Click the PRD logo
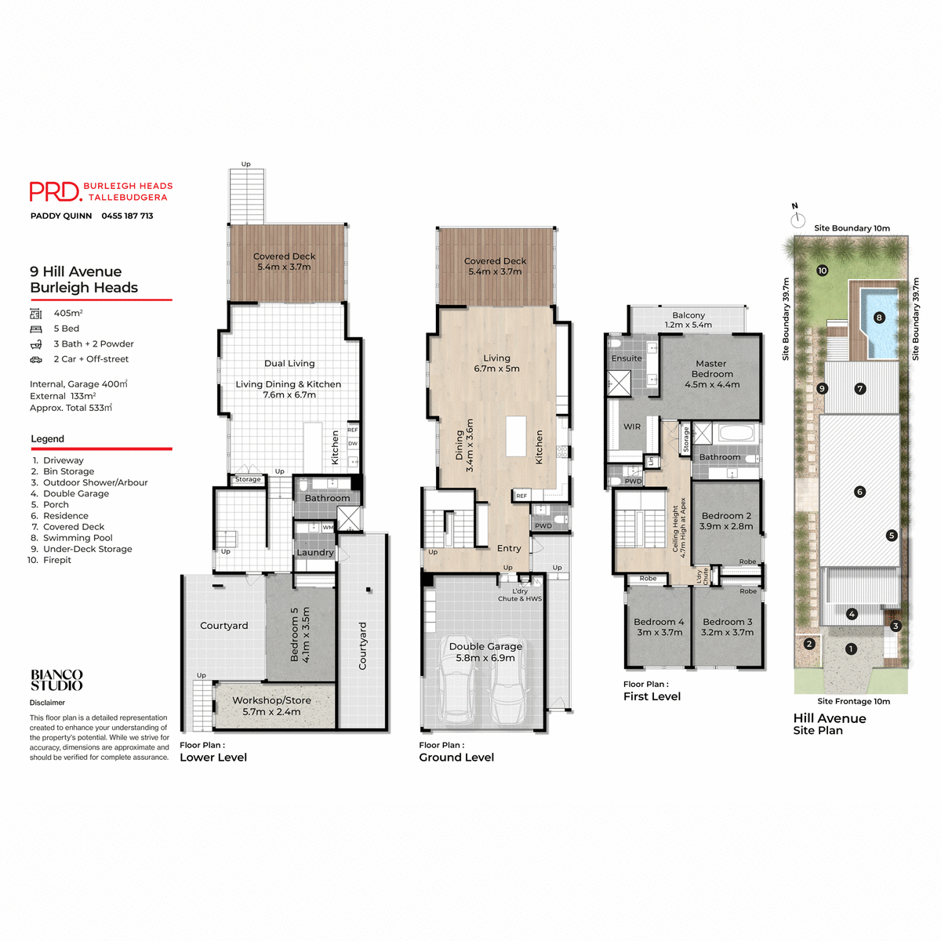click(x=55, y=192)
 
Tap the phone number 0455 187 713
click(x=127, y=216)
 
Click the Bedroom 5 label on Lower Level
click(x=300, y=634)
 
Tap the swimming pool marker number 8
click(x=879, y=318)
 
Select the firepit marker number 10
click(x=822, y=271)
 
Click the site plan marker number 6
click(x=859, y=492)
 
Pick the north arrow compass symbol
click(x=797, y=218)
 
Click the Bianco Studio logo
click(x=56, y=680)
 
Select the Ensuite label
click(x=627, y=358)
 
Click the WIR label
click(x=632, y=427)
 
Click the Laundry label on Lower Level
click(x=315, y=552)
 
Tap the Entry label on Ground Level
click(x=509, y=548)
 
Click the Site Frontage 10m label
click(x=853, y=701)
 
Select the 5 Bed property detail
click(x=66, y=329)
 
